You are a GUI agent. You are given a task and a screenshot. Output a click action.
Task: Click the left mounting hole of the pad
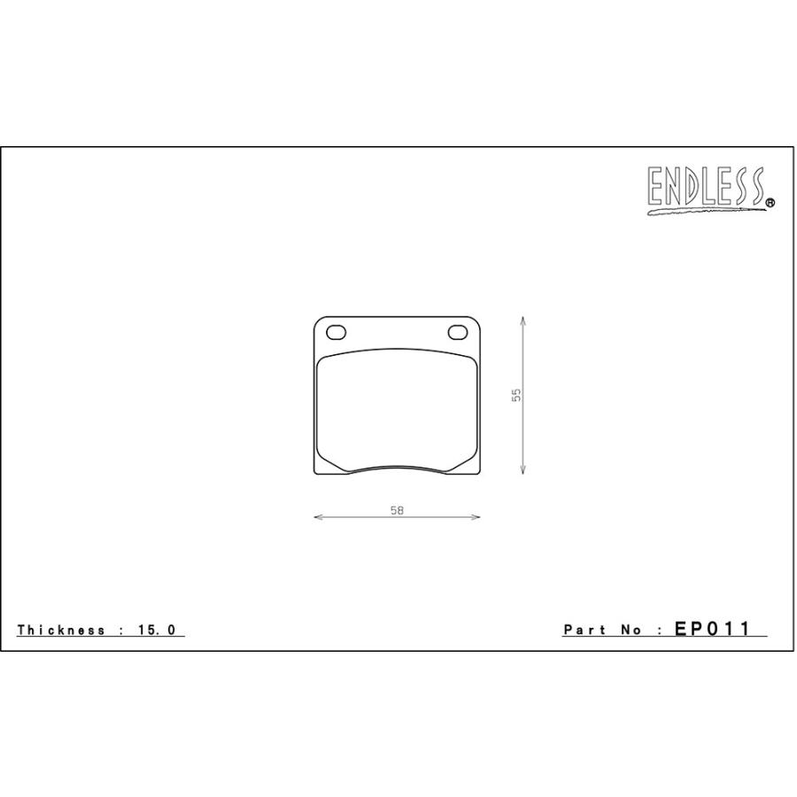click(x=336, y=333)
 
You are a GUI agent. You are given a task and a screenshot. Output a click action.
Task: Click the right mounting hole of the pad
click(x=458, y=332)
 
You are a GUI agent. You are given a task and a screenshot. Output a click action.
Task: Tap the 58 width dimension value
click(x=397, y=510)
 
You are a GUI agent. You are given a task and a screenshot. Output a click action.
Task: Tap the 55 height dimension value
click(x=516, y=395)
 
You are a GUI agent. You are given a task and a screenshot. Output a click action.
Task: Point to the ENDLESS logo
click(x=710, y=190)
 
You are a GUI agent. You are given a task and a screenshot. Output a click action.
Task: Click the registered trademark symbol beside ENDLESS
click(x=770, y=202)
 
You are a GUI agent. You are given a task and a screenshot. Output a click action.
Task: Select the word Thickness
click(x=61, y=630)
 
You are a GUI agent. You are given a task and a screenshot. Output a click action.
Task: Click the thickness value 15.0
click(x=157, y=630)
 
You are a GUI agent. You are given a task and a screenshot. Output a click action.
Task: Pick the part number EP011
click(x=712, y=629)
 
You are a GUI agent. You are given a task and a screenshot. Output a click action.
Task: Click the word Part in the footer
click(x=585, y=630)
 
